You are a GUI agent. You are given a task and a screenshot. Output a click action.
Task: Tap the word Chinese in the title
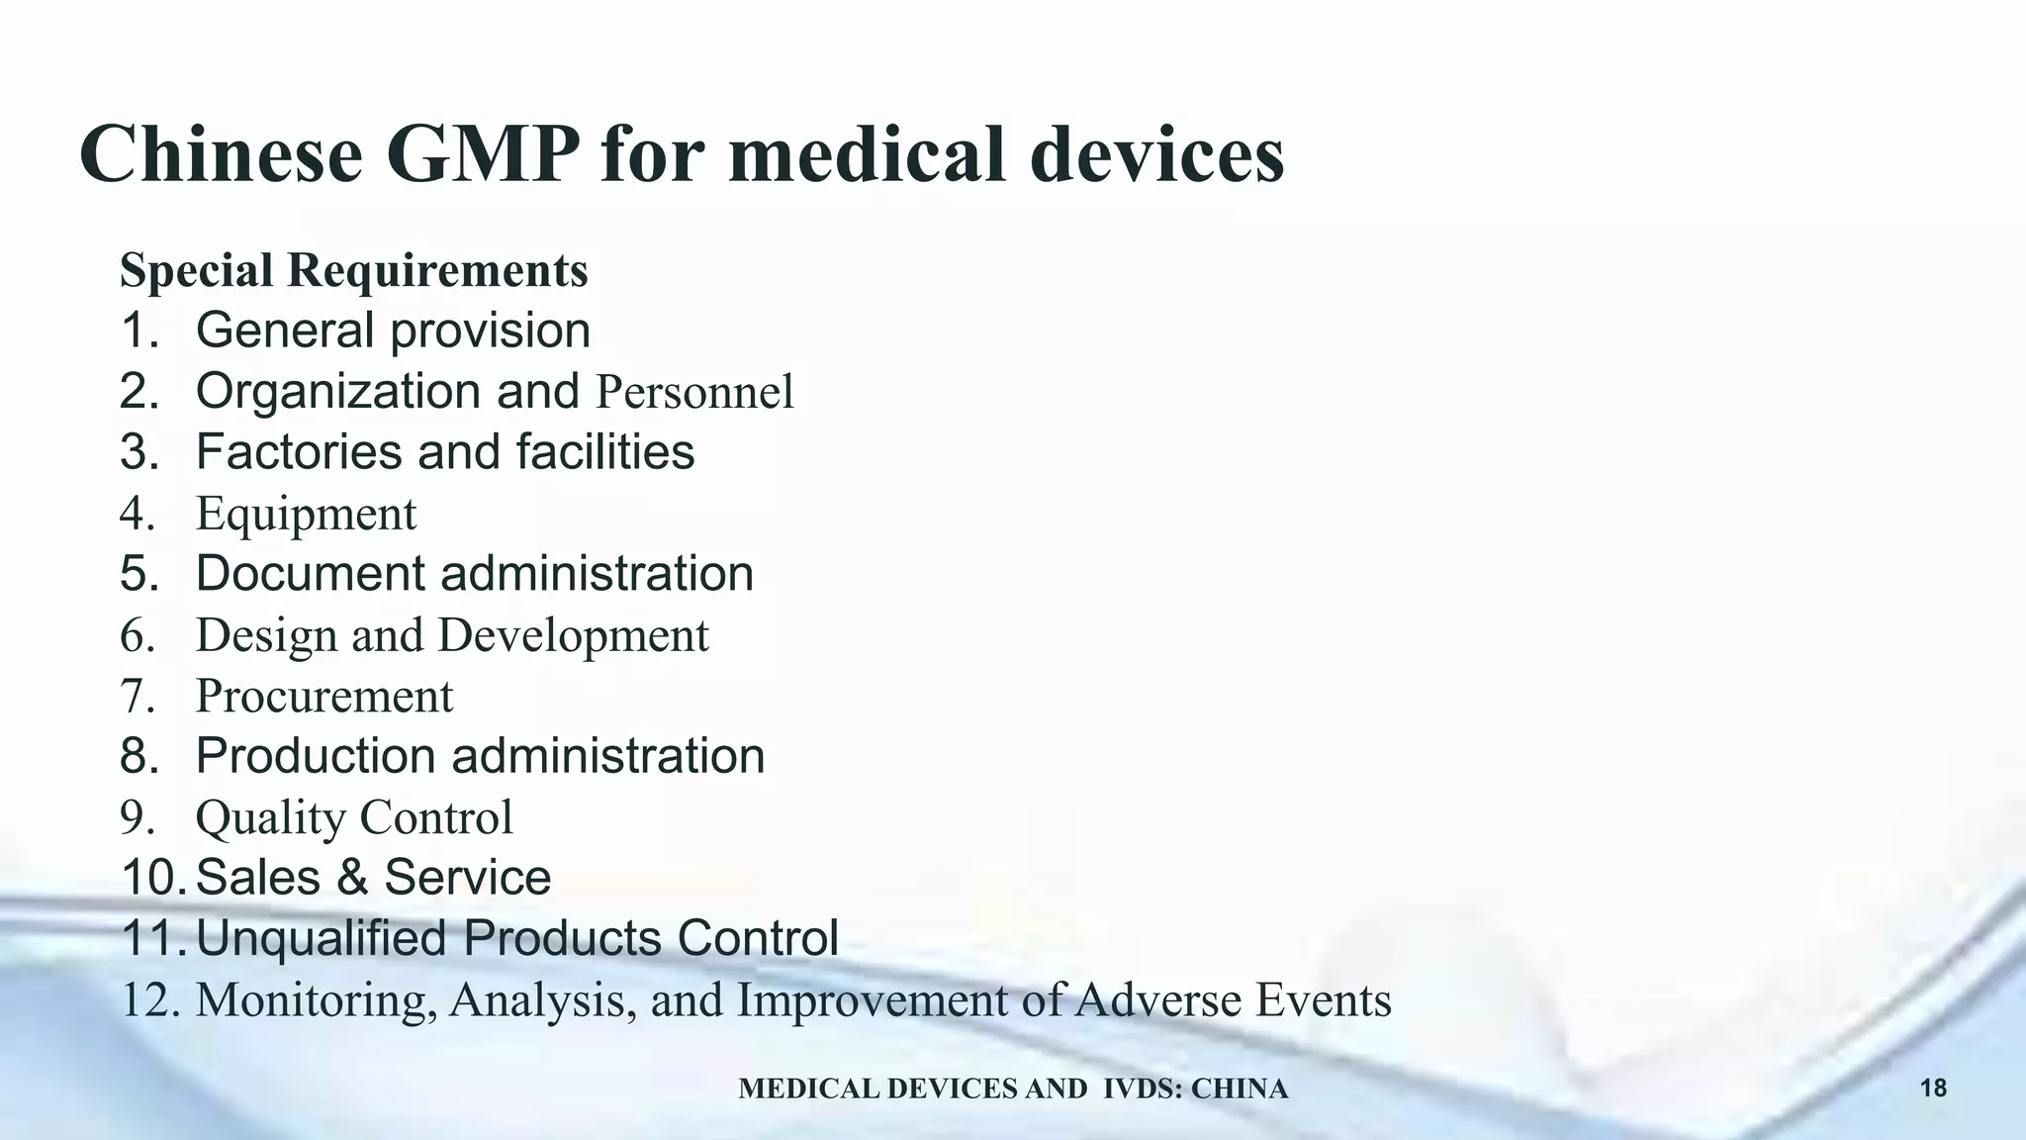[222, 155]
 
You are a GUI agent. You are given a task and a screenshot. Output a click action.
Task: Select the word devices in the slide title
[1156, 155]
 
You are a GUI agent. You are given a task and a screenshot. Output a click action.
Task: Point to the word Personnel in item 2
[694, 392]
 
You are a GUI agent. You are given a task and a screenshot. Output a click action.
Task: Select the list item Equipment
[306, 515]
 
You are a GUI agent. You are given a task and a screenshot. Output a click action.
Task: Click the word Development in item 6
[574, 635]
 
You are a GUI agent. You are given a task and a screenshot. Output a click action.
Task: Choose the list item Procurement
[324, 696]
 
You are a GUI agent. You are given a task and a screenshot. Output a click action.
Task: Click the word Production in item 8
[316, 756]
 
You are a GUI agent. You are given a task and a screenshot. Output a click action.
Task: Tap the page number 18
[1933, 1089]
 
